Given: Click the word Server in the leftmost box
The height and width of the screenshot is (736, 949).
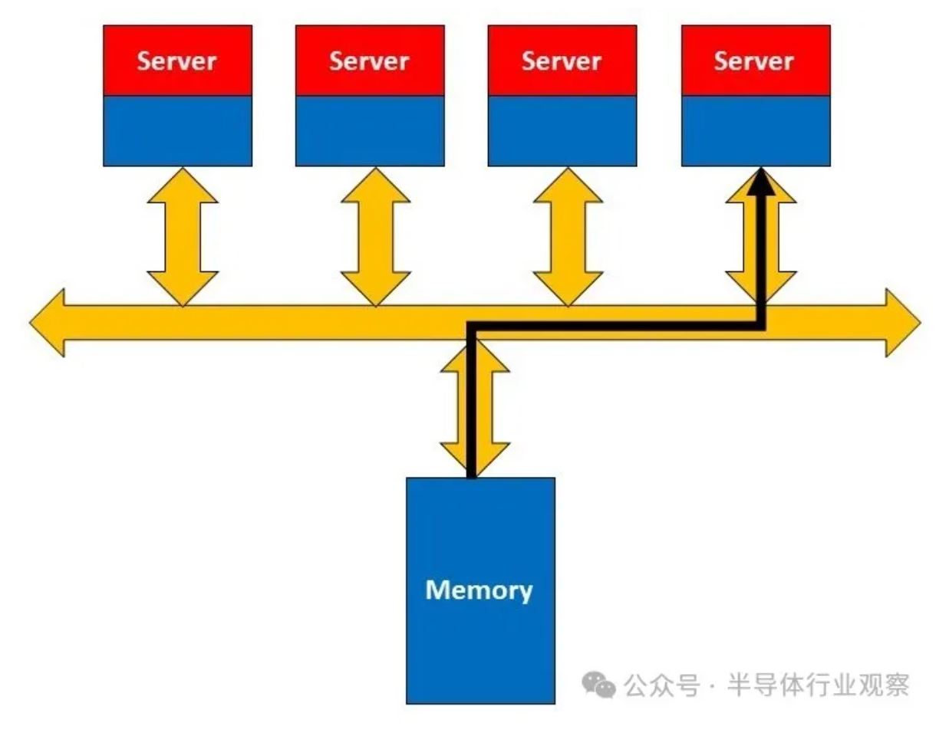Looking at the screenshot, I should point(177,61).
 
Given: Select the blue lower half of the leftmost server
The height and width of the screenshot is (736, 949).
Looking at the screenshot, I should point(177,130).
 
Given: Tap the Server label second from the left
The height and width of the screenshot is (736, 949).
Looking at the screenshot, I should point(369,61).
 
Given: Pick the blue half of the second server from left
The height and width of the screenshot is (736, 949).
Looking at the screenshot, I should point(370,130).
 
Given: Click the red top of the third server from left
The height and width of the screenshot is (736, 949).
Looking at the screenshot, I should point(562,61).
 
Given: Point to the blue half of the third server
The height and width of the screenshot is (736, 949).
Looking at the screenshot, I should point(562,130).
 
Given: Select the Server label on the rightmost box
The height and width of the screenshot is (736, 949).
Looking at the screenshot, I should point(755,61).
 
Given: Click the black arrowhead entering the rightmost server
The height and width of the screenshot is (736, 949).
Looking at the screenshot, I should point(760,181).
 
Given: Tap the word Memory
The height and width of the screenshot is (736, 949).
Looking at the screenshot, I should point(479,590).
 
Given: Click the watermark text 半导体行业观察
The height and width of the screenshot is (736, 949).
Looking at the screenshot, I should point(818,684).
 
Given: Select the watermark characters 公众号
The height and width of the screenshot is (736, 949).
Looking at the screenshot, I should point(662,684).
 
